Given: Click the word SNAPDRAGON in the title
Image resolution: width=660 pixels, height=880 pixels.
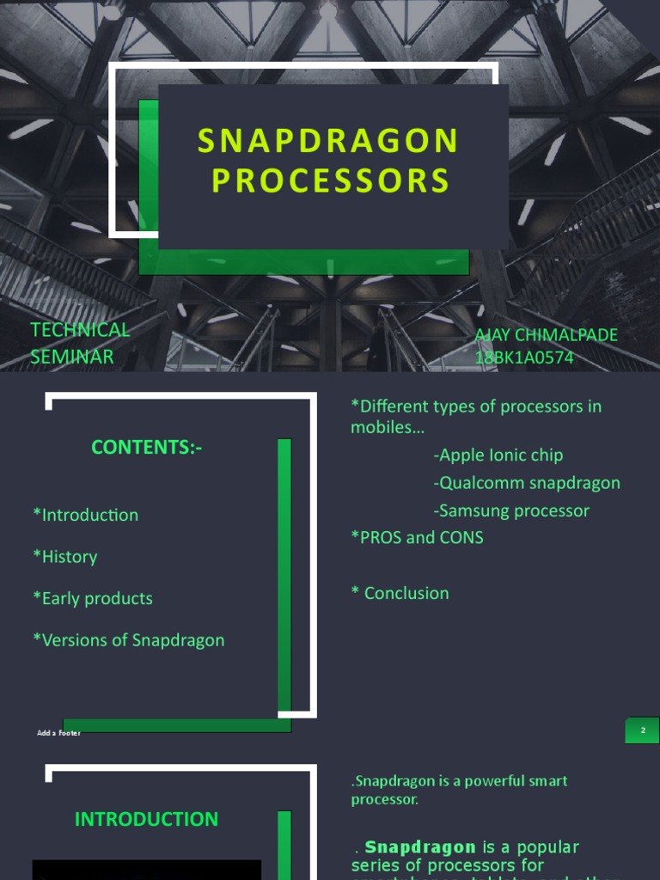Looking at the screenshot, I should [x=329, y=142].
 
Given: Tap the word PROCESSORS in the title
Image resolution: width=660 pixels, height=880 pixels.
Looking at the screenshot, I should [x=331, y=181].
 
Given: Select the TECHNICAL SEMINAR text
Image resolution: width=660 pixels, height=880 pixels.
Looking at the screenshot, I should [x=80, y=343].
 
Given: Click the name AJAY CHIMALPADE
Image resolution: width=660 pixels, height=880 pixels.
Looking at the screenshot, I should [x=547, y=335].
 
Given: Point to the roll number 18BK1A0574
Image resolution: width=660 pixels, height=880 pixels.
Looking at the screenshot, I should [x=524, y=357].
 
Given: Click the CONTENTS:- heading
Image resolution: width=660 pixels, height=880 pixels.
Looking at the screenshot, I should [x=147, y=448].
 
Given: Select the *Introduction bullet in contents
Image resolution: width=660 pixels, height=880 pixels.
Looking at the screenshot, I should [x=85, y=515].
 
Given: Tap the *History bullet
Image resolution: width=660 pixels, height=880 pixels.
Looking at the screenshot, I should [x=65, y=557].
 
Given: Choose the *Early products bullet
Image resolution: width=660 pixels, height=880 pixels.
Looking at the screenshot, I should [x=93, y=598].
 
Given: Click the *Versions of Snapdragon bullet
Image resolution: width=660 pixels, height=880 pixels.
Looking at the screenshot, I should [x=129, y=640].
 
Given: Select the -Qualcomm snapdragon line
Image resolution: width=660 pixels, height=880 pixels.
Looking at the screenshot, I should [x=527, y=483].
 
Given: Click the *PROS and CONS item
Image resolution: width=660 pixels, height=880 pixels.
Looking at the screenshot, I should [x=417, y=538].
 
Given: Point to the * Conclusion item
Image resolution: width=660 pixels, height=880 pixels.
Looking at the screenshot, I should [x=400, y=593].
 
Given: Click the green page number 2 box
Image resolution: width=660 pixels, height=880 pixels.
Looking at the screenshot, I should [x=642, y=730].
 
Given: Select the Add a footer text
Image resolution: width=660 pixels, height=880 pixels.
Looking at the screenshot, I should [x=58, y=733].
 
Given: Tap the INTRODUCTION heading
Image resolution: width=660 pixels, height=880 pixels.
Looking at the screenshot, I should [x=146, y=820].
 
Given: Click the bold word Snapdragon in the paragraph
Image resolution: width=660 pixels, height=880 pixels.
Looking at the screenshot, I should [x=420, y=847].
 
